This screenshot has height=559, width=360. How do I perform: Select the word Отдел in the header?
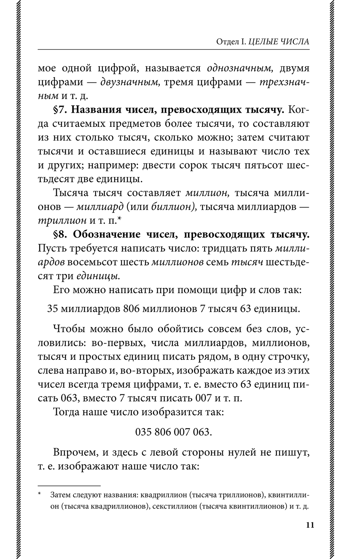(226, 41)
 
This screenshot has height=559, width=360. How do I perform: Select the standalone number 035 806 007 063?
(174, 431)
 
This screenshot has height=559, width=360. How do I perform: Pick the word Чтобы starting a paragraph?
(69, 329)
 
